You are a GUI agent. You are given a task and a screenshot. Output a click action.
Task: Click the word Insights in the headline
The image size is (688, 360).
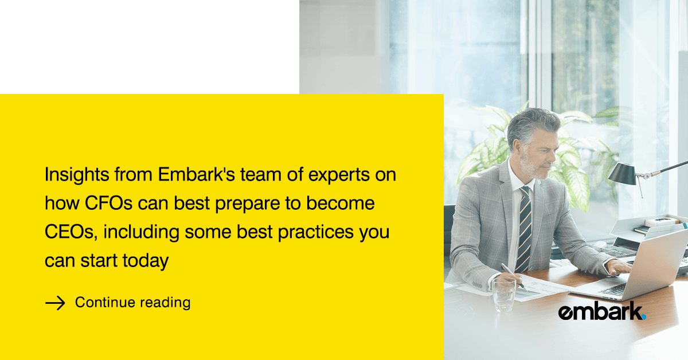(77, 175)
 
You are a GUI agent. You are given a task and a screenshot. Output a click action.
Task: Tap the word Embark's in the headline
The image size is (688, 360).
(197, 174)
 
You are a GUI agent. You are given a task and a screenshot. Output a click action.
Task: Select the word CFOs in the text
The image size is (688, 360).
(108, 203)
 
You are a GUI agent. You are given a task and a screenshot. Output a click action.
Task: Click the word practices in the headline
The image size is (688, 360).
(316, 233)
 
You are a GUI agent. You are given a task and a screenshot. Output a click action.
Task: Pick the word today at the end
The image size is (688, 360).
(146, 261)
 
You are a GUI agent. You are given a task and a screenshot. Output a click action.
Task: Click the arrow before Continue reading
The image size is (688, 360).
(55, 303)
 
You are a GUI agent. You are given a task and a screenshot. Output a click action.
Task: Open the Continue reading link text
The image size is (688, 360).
(132, 303)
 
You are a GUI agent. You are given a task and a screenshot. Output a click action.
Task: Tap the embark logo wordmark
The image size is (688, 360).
(602, 311)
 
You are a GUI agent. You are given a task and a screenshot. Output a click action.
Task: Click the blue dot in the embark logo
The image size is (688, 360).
(644, 317)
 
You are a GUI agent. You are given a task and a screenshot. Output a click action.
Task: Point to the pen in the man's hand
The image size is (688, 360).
(514, 276)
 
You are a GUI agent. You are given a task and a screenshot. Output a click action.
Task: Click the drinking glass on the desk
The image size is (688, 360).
(504, 295)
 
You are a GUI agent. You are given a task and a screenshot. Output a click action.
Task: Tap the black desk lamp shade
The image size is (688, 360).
(622, 174)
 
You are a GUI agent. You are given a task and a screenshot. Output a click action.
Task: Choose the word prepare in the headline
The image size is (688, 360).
(248, 204)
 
